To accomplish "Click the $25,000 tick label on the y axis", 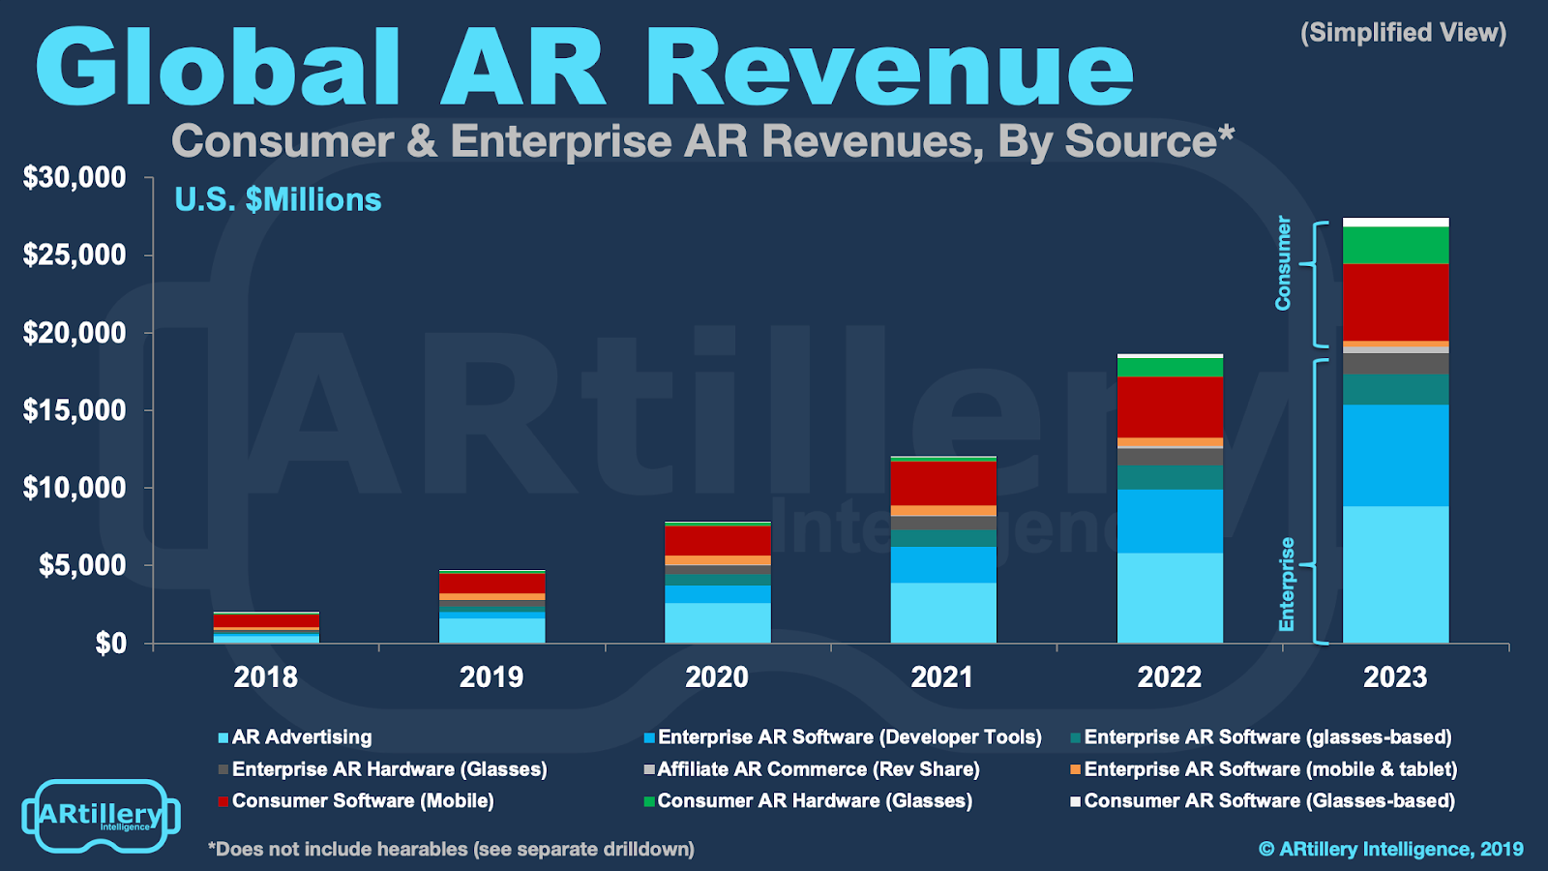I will [74, 255].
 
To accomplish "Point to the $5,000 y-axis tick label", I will [82, 565].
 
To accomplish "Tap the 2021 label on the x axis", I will [942, 676].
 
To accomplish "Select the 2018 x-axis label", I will [266, 676].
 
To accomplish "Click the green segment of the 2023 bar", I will [1395, 246].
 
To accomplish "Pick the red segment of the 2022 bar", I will [1170, 407].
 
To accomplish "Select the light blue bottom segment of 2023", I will [1395, 574].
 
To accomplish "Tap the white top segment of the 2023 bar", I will [1395, 223].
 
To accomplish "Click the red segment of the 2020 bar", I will [717, 541].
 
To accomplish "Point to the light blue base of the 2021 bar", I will [943, 612].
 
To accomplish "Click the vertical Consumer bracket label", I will [1283, 263].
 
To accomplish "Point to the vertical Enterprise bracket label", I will [1286, 585].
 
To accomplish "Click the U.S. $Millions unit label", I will [278, 199].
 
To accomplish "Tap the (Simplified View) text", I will [1403, 33].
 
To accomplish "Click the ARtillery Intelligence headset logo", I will [101, 816].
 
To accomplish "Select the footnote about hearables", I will [451, 850].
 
